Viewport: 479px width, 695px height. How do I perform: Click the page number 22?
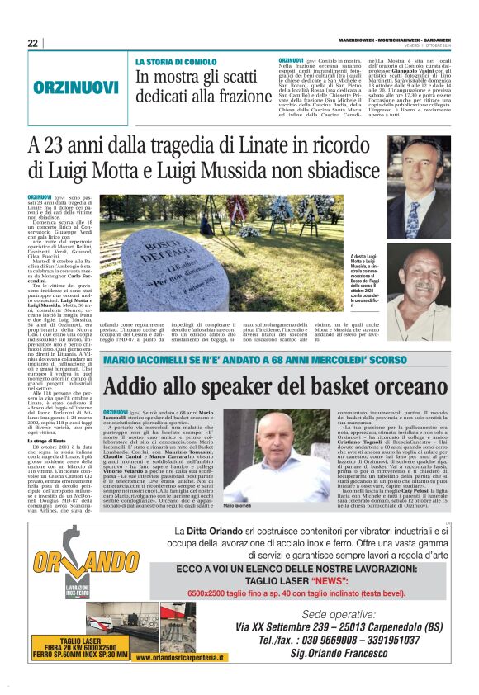click(x=33, y=43)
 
